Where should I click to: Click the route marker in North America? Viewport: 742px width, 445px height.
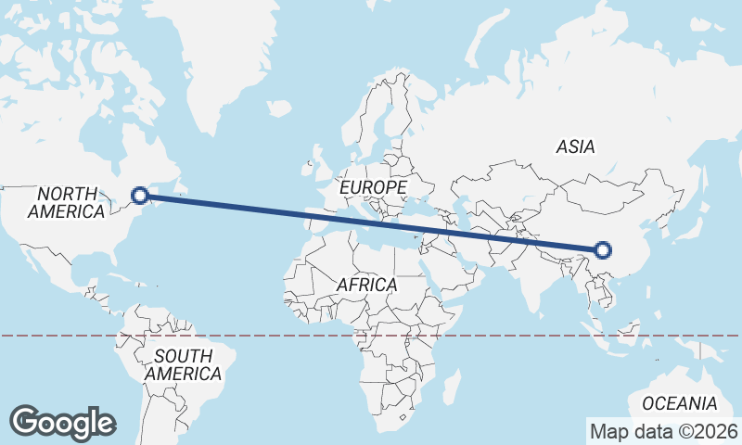(140, 195)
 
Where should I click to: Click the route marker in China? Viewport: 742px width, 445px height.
(603, 249)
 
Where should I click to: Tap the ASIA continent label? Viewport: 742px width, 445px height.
(575, 146)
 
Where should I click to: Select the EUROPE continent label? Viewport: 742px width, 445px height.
(373, 187)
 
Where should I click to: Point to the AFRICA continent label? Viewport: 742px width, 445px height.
(366, 285)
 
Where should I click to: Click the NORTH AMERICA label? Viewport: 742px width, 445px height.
(67, 202)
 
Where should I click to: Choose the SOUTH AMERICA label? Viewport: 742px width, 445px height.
(183, 364)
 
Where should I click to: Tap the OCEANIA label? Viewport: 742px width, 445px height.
(679, 403)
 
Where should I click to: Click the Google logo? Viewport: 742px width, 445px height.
(62, 422)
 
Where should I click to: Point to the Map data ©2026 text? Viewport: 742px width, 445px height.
(663, 431)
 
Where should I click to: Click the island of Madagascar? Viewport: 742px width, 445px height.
(452, 384)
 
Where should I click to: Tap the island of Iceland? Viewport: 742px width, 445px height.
(279, 108)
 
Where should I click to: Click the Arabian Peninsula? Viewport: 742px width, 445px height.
(454, 269)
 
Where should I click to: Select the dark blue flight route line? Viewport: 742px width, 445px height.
(371, 222)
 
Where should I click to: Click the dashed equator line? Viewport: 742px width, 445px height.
(278, 336)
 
